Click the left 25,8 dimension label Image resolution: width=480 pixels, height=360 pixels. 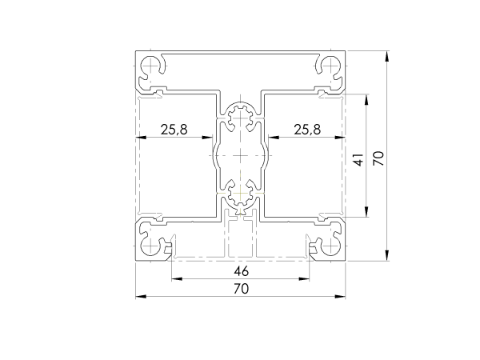click(x=173, y=129)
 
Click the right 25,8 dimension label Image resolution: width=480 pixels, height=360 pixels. click(x=308, y=129)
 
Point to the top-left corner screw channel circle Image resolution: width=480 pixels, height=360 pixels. click(x=151, y=66)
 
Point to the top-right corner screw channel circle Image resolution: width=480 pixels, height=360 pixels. click(x=330, y=66)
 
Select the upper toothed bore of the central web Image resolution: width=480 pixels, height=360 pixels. click(x=241, y=119)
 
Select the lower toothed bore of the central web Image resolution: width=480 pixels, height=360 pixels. click(x=241, y=194)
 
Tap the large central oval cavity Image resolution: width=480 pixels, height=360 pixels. click(x=241, y=156)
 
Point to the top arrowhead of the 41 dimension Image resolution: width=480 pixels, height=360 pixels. click(x=366, y=98)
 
